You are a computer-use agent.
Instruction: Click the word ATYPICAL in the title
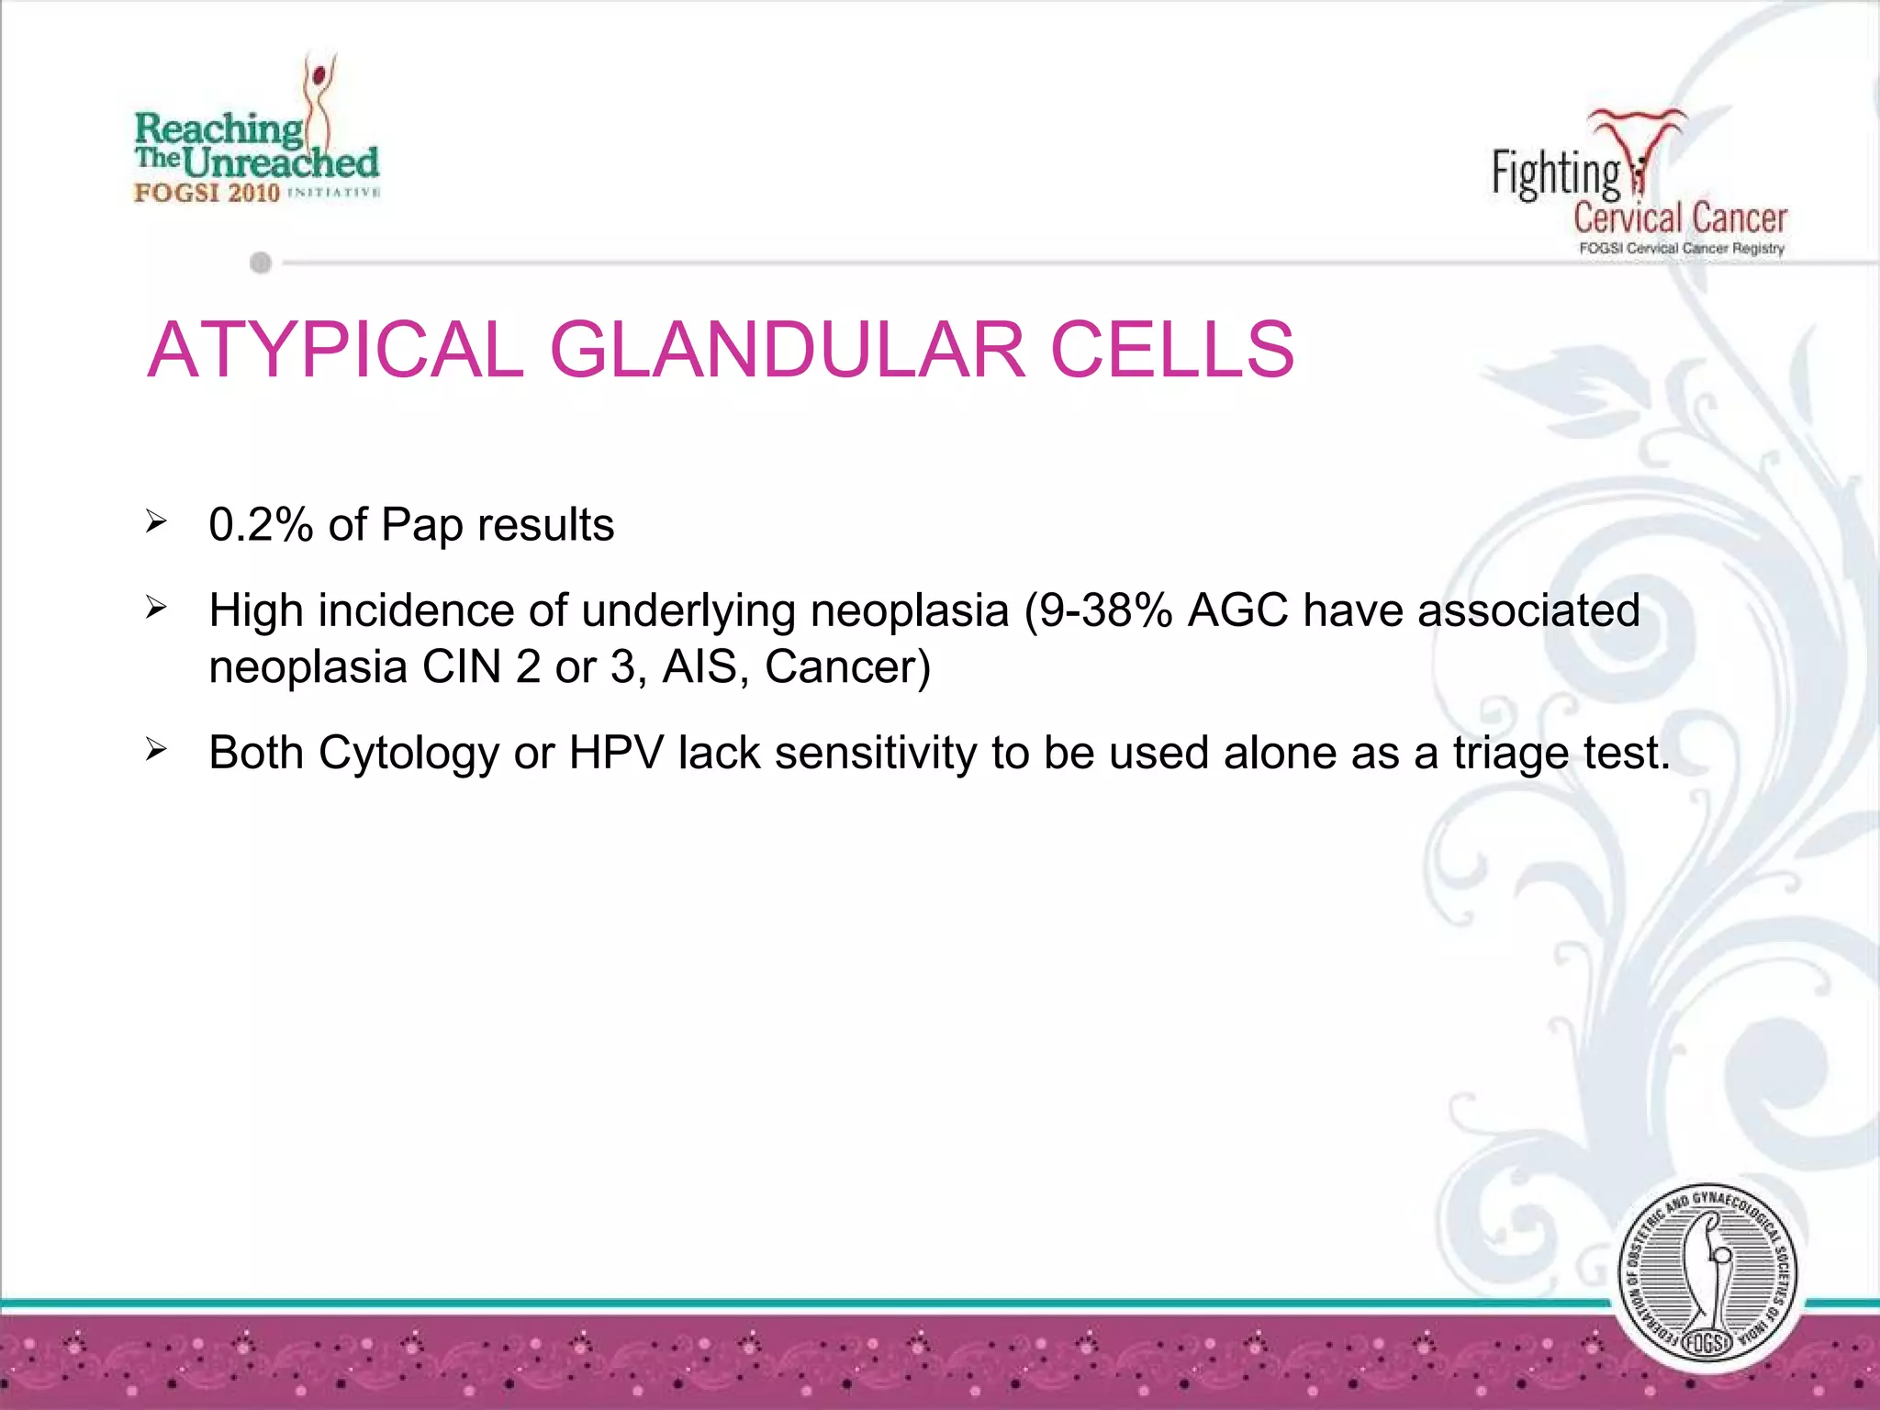tap(335, 350)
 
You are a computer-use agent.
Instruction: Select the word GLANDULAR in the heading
tap(787, 350)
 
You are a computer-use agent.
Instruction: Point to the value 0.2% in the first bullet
tap(261, 525)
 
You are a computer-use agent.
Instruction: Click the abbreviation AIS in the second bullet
tap(699, 666)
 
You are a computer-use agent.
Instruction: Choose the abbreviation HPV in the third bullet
tap(616, 753)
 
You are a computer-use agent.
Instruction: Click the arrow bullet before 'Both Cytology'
tap(156, 751)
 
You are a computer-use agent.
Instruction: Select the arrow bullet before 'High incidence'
tap(156, 609)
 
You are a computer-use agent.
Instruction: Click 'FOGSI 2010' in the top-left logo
tap(207, 193)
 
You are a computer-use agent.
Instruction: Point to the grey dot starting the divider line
tap(261, 263)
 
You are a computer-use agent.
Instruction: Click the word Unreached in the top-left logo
tap(280, 163)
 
